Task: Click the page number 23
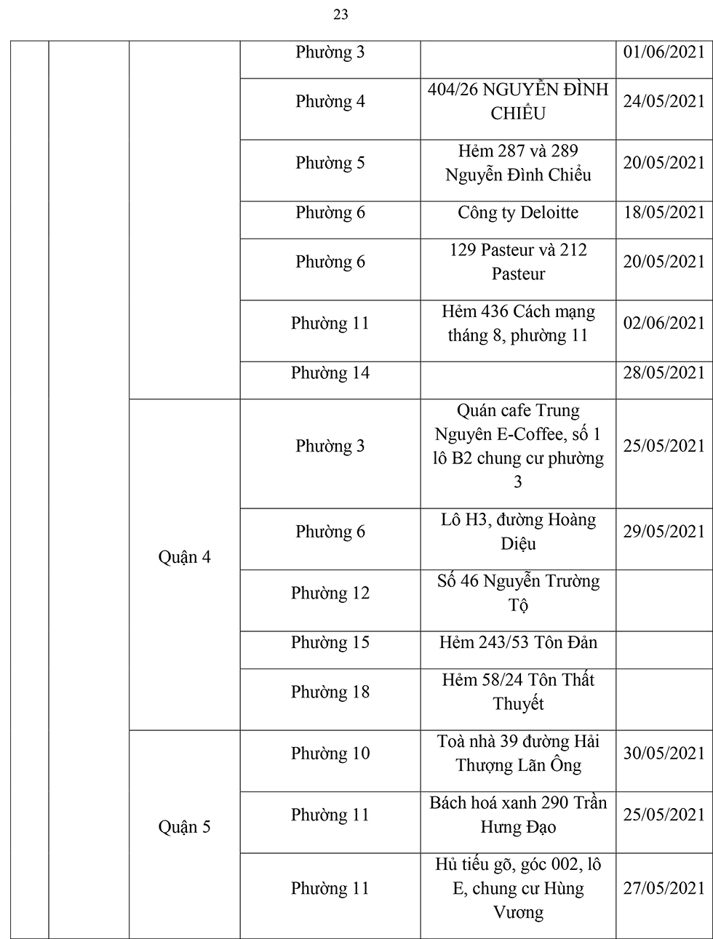click(340, 15)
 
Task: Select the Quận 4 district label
click(185, 558)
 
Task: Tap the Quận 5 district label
click(185, 827)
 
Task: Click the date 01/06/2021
click(664, 52)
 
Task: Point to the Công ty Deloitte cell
click(518, 212)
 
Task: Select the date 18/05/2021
click(664, 212)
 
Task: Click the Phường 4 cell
click(330, 101)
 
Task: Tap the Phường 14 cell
click(330, 372)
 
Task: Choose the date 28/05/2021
click(664, 372)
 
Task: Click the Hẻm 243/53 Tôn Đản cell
click(518, 642)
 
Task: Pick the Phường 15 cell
click(330, 642)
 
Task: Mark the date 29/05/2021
click(664, 531)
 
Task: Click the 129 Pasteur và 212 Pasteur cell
click(518, 262)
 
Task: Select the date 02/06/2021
click(664, 323)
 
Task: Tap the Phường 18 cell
click(330, 692)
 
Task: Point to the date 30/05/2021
click(664, 753)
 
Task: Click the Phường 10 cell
click(330, 753)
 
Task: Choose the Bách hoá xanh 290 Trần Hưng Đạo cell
click(518, 815)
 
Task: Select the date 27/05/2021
click(664, 888)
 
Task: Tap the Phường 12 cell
click(330, 593)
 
